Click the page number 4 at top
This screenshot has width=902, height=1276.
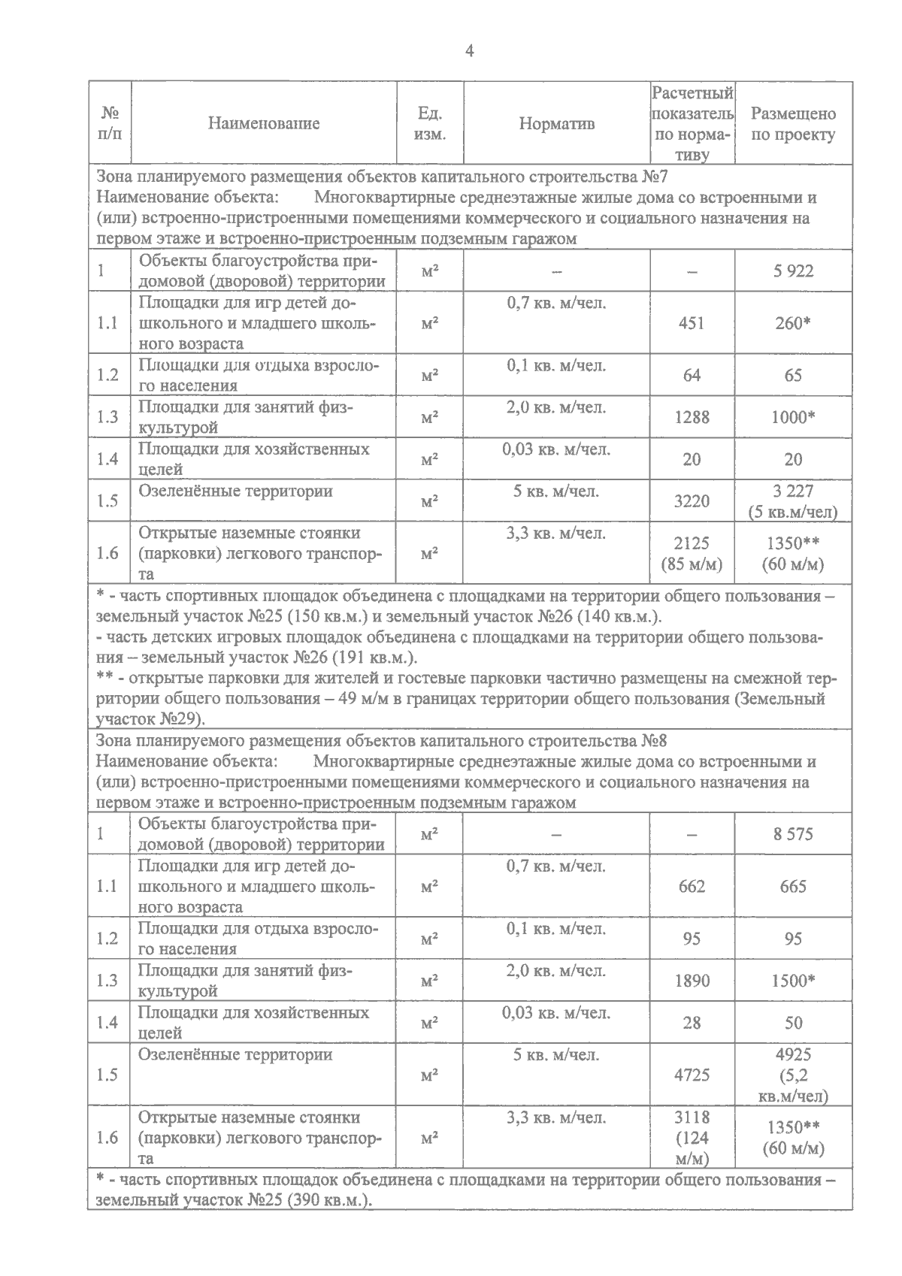[470, 51]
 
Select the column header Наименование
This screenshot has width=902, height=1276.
[264, 124]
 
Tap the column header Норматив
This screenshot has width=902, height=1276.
[556, 124]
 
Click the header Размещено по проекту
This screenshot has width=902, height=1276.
[793, 124]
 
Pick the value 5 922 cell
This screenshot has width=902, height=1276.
[793, 271]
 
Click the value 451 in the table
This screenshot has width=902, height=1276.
[691, 323]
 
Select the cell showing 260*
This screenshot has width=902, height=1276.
[793, 323]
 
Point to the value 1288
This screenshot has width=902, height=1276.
[691, 417]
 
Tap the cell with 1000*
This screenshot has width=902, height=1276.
[793, 417]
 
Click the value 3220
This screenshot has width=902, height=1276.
[691, 500]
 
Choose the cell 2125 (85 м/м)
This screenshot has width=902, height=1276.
[691, 553]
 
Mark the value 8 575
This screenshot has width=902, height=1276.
[793, 833]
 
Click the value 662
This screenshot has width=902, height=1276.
[691, 886]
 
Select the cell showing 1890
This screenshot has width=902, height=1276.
[691, 981]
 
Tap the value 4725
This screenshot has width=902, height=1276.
[691, 1075]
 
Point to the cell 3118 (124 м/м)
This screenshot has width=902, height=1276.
[691, 1137]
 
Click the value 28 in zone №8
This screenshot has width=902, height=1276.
[691, 1023]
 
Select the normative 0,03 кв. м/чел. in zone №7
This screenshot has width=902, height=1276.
[556, 449]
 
